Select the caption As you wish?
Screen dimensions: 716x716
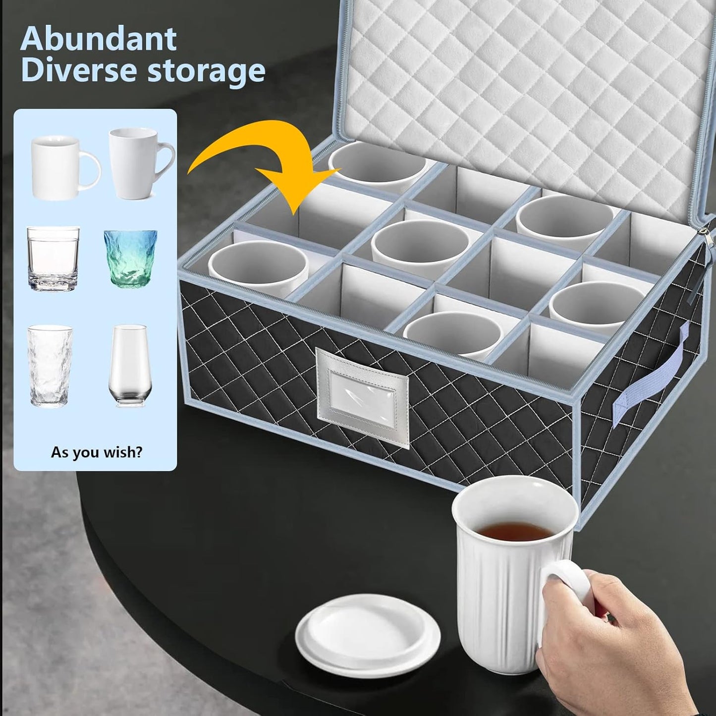tap(97, 452)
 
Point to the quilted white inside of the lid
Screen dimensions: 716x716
tap(520, 89)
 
